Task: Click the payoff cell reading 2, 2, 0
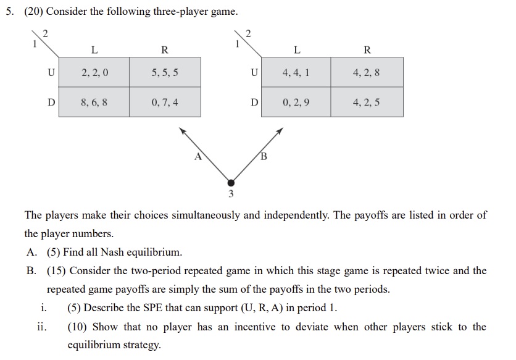coord(94,72)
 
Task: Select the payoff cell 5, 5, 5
coord(165,72)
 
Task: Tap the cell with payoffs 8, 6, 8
coord(94,102)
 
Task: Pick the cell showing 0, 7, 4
coord(165,102)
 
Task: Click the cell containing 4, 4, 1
coord(296,72)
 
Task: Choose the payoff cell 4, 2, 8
coord(367,72)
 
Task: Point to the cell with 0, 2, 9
coord(296,102)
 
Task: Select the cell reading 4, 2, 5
coord(367,102)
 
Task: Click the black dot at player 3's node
coord(231,183)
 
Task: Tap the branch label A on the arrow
coord(198,156)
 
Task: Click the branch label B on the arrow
coord(264,156)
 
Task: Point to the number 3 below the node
coord(231,195)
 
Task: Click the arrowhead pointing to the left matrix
coord(182,130)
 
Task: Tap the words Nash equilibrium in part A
coord(149,252)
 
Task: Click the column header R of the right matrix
coord(367,49)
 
